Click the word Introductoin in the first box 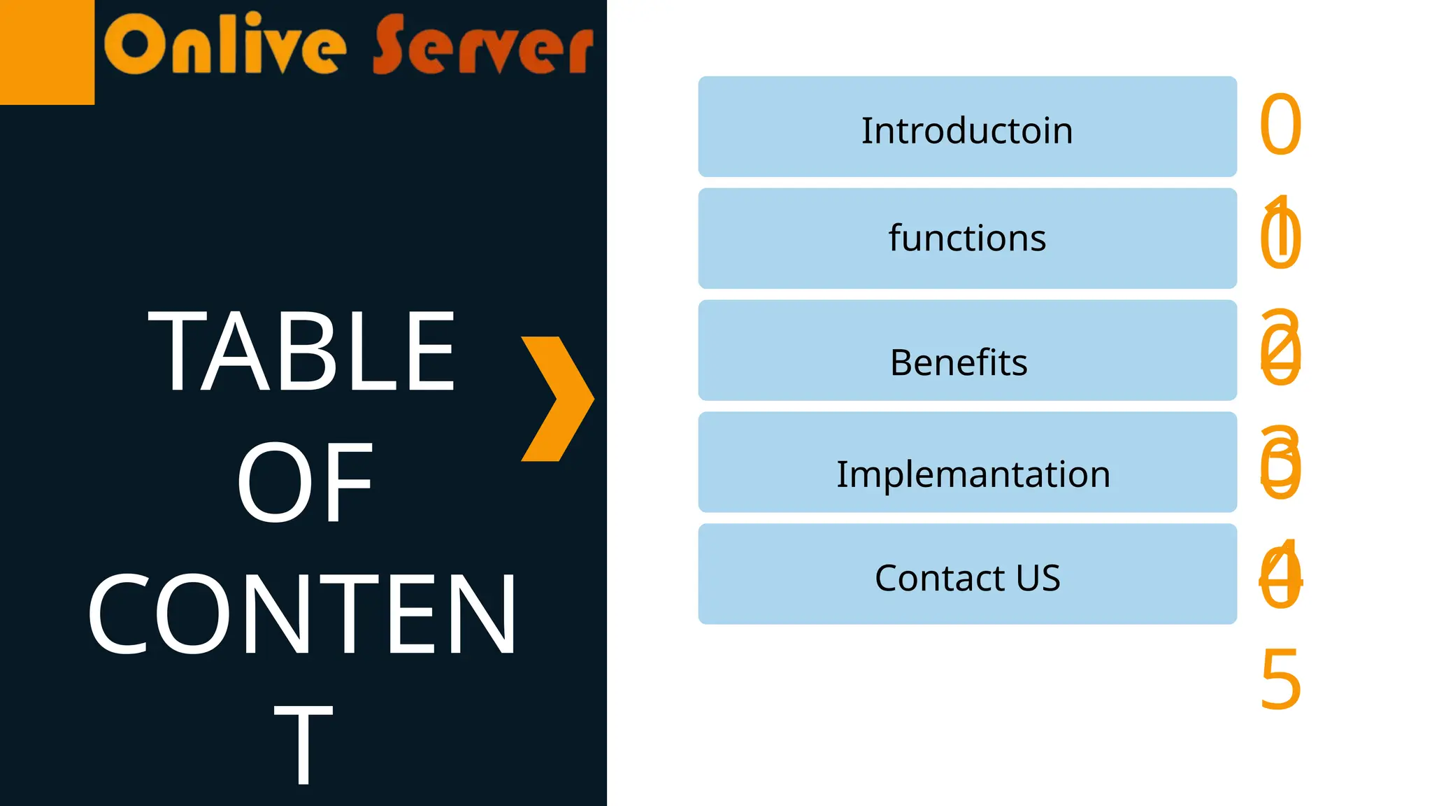(966, 130)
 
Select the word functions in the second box (967, 238)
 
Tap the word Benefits (959, 362)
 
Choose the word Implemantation (973, 474)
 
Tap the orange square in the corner (47, 52)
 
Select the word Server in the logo (482, 45)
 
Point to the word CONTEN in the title (302, 614)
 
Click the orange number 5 (1280, 679)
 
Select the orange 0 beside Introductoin (1280, 126)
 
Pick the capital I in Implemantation (842, 474)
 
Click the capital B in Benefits (901, 362)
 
